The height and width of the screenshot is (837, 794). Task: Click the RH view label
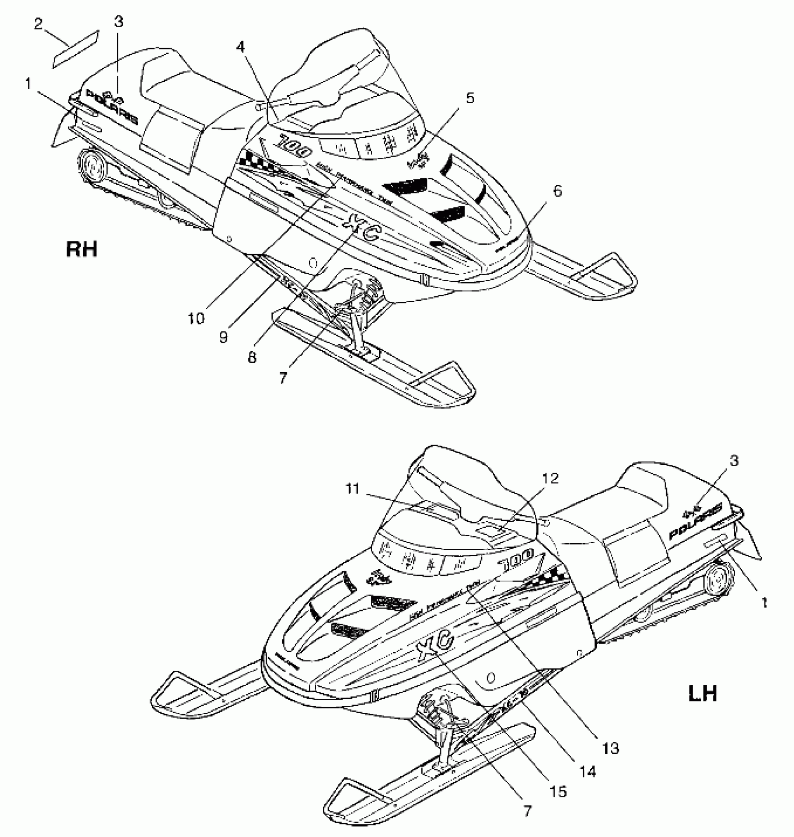pyautogui.click(x=82, y=249)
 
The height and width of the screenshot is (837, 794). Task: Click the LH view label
pyautogui.click(x=703, y=693)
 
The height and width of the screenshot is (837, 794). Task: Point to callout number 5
pyautogui.click(x=469, y=99)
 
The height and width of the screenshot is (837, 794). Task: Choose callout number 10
pyautogui.click(x=196, y=319)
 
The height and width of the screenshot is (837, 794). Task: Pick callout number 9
pyautogui.click(x=224, y=337)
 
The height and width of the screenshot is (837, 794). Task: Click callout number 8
pyautogui.click(x=252, y=357)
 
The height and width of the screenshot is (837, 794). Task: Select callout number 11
pyautogui.click(x=353, y=489)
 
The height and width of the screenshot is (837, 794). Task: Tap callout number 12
pyautogui.click(x=551, y=479)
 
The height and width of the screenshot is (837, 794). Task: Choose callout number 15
pyautogui.click(x=559, y=791)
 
